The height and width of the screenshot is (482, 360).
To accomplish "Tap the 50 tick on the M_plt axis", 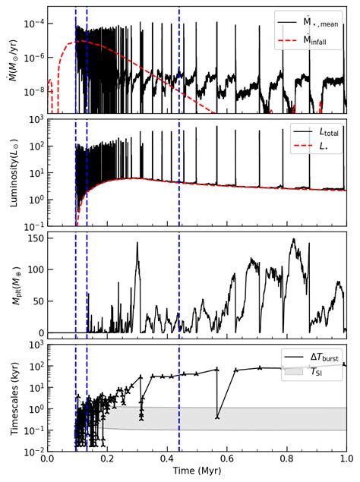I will coord(35,301).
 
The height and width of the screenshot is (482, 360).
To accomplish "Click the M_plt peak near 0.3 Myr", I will coord(137,243).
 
